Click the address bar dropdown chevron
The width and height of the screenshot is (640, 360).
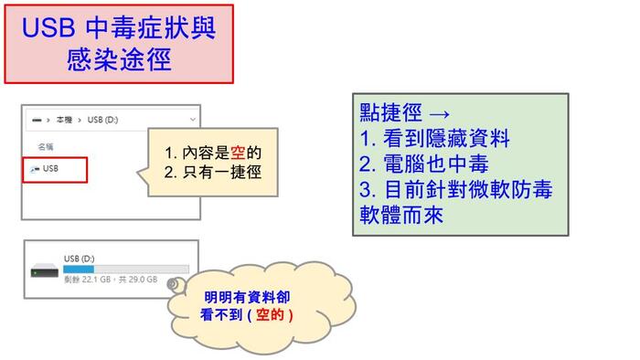pyautogui.click(x=192, y=120)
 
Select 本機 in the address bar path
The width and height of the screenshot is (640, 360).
pyautogui.click(x=64, y=120)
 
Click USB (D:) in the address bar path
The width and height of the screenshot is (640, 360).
pyautogui.click(x=103, y=120)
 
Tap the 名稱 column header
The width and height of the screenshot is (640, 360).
pyautogui.click(x=45, y=146)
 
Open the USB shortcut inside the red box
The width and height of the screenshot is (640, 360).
pyautogui.click(x=50, y=169)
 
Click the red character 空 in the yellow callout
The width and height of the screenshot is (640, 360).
pyautogui.click(x=238, y=152)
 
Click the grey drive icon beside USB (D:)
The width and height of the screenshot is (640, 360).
pyautogui.click(x=44, y=270)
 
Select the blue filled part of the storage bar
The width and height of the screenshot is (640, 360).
pyautogui.click(x=79, y=270)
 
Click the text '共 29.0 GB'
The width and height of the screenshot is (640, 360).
pyautogui.click(x=138, y=280)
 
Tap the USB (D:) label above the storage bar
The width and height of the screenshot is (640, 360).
pyautogui.click(x=80, y=259)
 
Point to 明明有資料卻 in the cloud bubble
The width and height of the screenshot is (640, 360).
pyautogui.click(x=246, y=297)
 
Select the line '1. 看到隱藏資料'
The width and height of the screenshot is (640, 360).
pyautogui.click(x=434, y=139)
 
